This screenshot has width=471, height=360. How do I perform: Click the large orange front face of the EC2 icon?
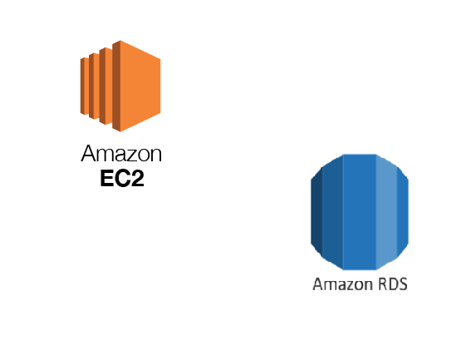click(x=140, y=86)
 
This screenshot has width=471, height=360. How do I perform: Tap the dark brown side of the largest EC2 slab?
click(x=116, y=86)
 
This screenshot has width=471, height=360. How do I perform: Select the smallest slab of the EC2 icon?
click(x=85, y=86)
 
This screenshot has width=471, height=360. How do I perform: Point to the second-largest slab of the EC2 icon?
click(x=105, y=86)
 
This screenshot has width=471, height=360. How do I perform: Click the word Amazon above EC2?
click(x=121, y=153)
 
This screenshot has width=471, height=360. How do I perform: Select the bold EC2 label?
click(x=122, y=179)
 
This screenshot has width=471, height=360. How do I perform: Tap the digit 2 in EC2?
click(x=138, y=179)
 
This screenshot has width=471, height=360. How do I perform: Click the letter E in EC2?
click(x=106, y=179)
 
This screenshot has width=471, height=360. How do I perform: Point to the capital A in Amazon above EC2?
click(x=88, y=153)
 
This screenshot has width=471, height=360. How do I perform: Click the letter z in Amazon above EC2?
click(x=129, y=155)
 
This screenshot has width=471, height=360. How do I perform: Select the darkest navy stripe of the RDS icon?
click(x=316, y=212)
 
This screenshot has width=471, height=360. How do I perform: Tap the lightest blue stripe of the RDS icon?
click(x=386, y=212)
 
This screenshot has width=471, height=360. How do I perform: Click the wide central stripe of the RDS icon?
click(x=359, y=212)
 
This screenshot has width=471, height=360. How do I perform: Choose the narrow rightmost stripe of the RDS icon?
click(x=403, y=212)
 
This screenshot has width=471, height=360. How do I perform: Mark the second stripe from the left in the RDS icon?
click(x=333, y=212)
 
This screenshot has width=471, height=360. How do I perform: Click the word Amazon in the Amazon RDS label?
click(x=343, y=284)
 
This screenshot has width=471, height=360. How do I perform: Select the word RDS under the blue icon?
click(x=393, y=284)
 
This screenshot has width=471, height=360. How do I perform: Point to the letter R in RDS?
click(x=383, y=284)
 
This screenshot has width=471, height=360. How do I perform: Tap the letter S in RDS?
click(x=403, y=284)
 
